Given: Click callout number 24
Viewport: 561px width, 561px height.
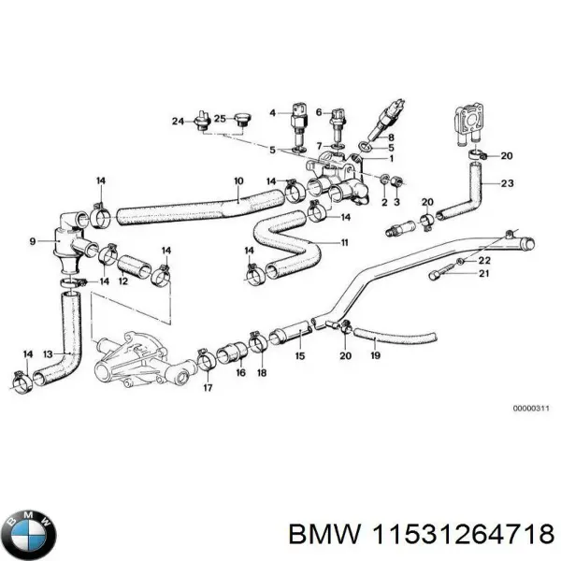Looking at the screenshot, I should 178,120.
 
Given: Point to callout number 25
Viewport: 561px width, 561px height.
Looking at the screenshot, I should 221,119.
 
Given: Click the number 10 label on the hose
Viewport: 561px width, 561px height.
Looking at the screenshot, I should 238,180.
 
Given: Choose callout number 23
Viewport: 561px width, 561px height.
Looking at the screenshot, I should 508,183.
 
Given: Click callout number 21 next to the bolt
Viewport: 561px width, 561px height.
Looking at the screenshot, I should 483,273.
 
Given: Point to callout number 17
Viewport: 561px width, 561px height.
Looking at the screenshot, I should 207,387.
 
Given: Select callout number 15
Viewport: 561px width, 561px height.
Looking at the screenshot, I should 299,355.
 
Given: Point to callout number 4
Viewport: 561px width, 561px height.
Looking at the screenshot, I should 273,113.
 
